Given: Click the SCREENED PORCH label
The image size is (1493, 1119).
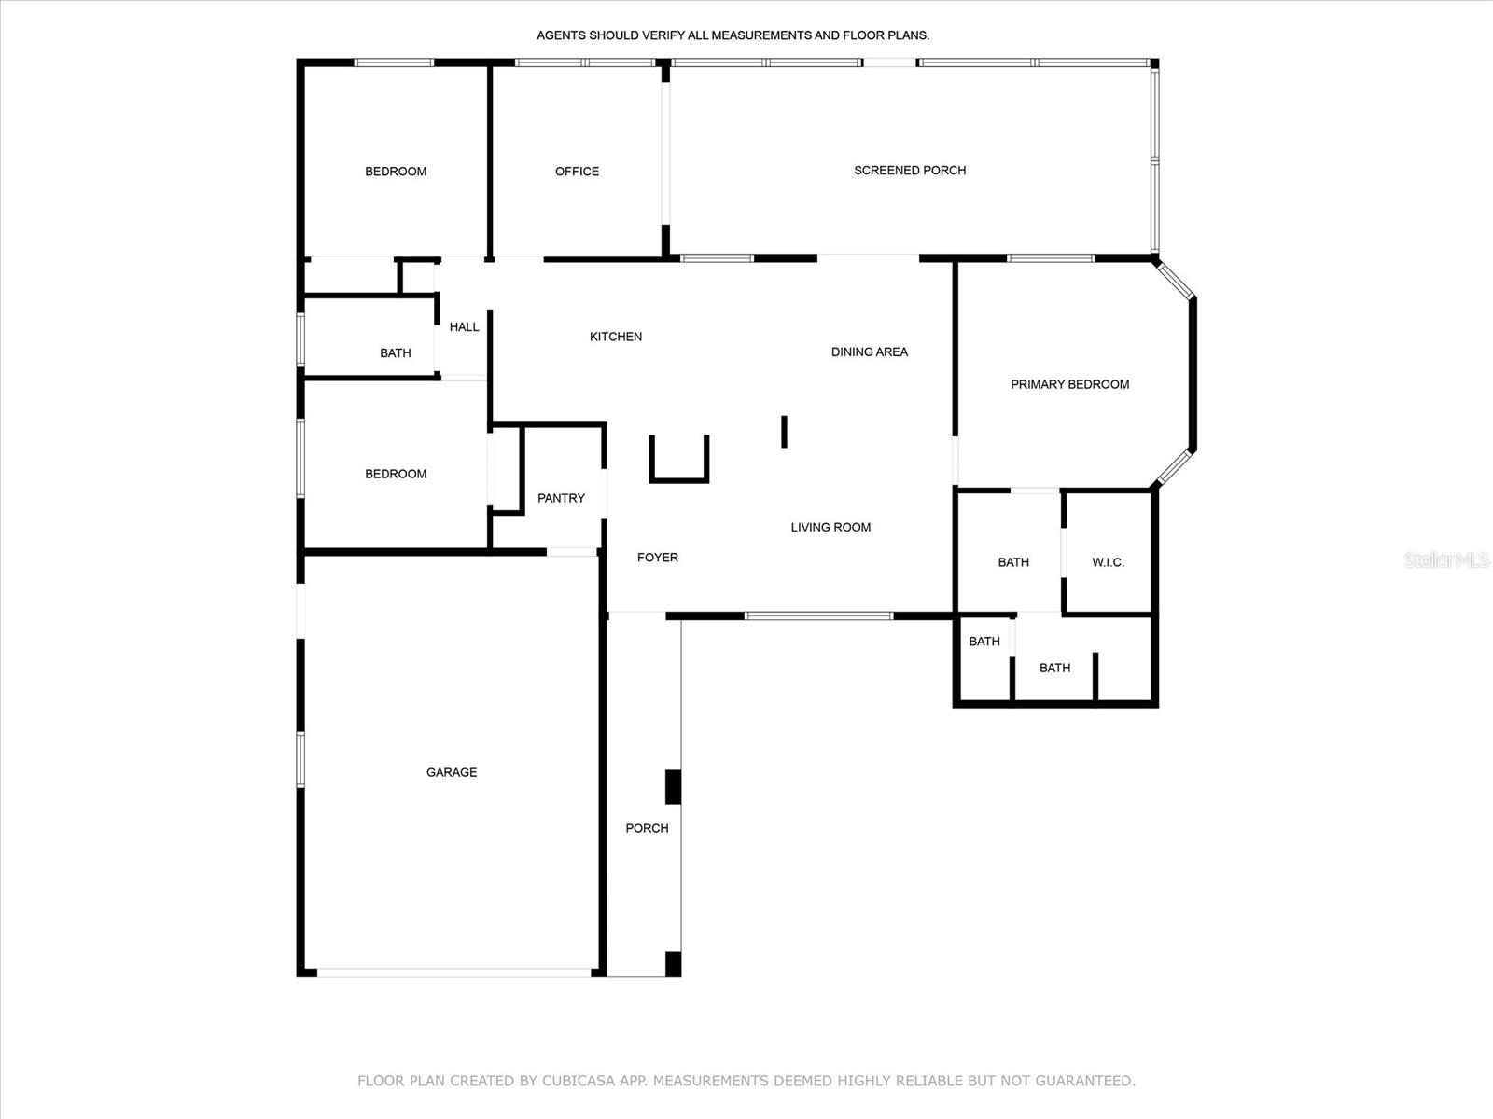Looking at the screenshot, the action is click(x=910, y=171).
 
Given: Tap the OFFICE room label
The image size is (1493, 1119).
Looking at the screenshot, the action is click(x=577, y=172).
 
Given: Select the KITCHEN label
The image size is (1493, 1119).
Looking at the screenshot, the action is click(x=616, y=337).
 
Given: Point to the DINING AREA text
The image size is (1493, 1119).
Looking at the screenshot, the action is click(x=870, y=352).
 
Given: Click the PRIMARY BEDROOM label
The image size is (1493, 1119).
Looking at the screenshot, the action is click(x=1070, y=384).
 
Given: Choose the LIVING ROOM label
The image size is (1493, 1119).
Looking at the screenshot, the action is click(x=830, y=527).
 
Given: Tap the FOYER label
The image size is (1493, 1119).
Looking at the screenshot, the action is click(x=658, y=558).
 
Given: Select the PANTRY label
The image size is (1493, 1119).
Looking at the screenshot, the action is click(x=561, y=499).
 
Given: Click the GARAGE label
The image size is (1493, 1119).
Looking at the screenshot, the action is click(x=452, y=772).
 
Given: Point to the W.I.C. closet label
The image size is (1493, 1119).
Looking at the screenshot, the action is click(x=1108, y=562).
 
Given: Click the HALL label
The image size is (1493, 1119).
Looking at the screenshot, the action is click(x=465, y=327).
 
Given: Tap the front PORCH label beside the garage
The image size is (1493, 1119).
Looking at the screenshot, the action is click(x=647, y=828).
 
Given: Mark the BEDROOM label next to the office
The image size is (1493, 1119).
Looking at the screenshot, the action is click(x=396, y=172).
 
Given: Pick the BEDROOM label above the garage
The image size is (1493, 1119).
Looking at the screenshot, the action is click(x=396, y=475).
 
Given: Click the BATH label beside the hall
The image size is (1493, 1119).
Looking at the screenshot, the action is click(x=396, y=353).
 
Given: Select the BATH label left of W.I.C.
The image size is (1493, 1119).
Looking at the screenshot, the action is click(x=1013, y=562).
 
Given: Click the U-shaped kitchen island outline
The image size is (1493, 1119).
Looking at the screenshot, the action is click(x=678, y=480).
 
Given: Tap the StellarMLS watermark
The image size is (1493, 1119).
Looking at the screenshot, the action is click(x=1446, y=559).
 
